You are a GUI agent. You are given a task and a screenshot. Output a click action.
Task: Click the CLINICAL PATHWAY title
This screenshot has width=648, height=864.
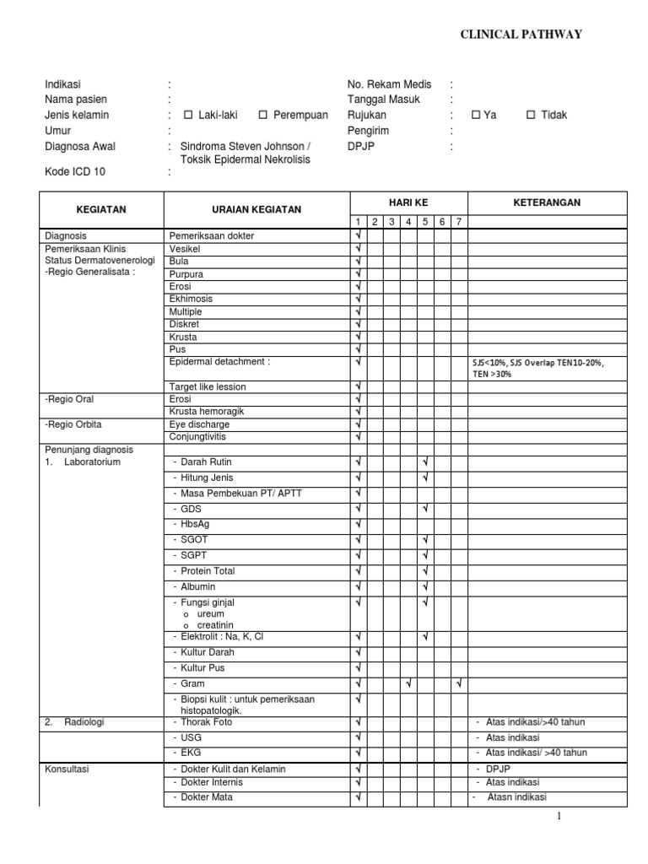(x=520, y=34)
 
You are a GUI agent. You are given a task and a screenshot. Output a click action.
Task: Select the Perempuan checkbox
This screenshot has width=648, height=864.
(x=263, y=116)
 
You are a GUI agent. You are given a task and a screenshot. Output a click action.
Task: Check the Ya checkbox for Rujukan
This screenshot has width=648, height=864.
(x=475, y=116)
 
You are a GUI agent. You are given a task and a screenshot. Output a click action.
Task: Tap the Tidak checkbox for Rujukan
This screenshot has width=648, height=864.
(x=531, y=116)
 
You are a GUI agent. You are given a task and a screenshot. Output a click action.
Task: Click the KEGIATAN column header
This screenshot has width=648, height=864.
(x=101, y=209)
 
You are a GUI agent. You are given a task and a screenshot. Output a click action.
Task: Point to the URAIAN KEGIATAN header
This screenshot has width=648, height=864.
(x=256, y=209)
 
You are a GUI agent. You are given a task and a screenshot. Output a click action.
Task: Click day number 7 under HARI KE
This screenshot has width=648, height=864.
(x=458, y=222)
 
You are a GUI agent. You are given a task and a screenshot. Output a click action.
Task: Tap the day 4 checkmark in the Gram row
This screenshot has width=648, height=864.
(x=408, y=683)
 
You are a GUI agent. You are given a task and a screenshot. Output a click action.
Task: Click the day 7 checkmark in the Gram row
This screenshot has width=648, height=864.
(x=458, y=683)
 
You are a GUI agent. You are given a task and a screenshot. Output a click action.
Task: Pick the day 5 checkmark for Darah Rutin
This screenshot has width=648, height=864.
(x=425, y=462)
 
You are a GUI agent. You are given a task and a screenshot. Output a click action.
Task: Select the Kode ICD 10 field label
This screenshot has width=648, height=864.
(x=76, y=172)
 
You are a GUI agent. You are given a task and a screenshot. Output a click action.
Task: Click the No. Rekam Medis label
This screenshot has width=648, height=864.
(x=389, y=84)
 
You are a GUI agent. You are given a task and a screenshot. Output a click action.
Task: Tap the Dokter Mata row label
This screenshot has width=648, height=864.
(x=206, y=797)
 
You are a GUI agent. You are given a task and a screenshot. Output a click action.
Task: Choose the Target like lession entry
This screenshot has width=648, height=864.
(x=208, y=386)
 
